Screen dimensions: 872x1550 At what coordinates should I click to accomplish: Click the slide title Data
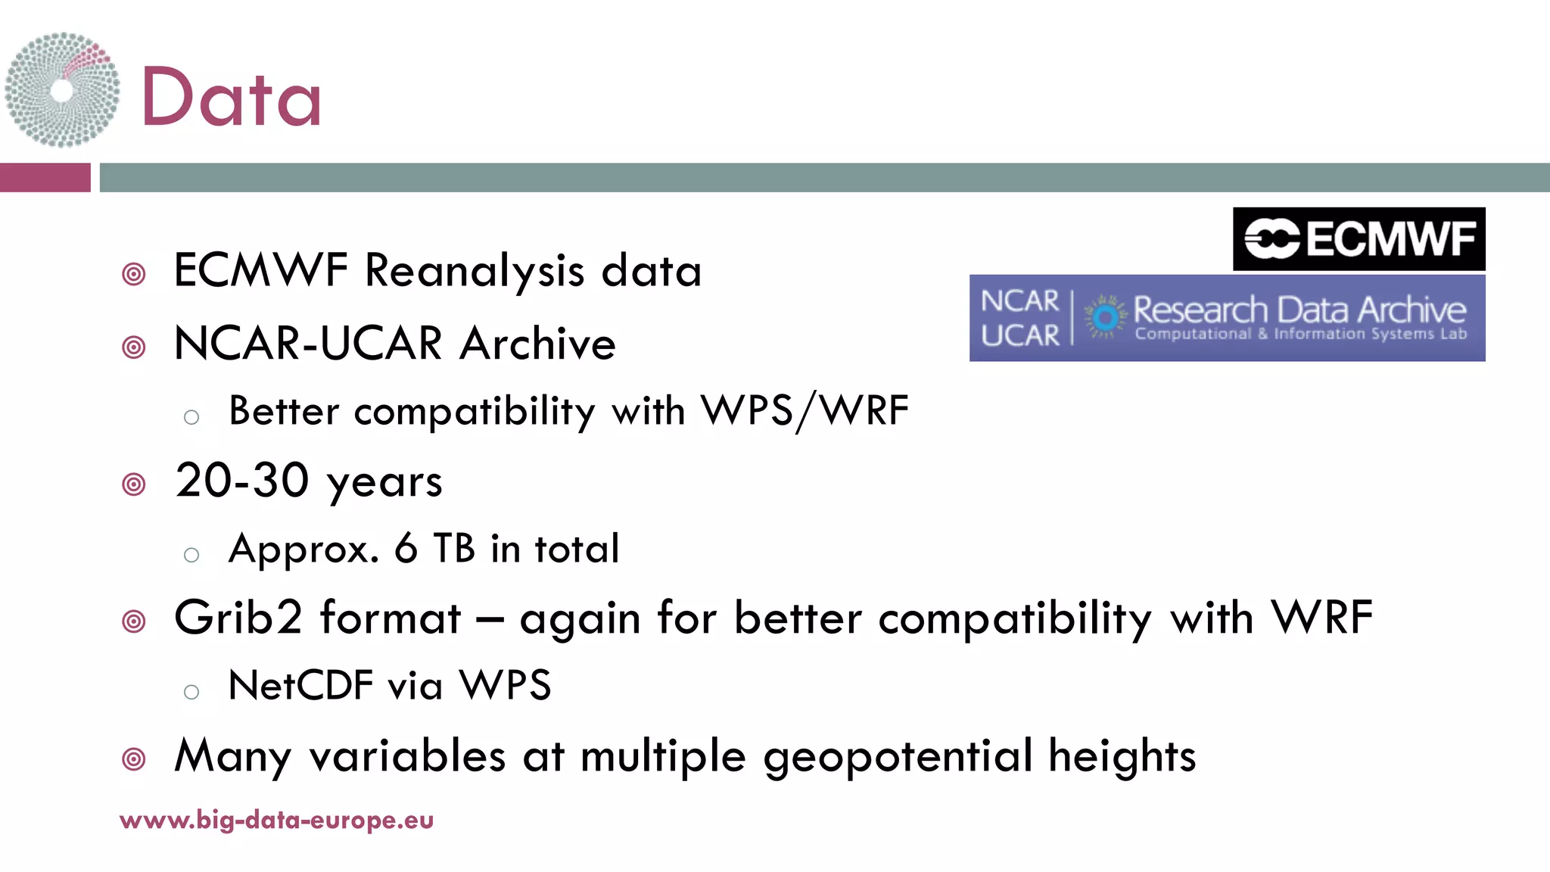coord(231,97)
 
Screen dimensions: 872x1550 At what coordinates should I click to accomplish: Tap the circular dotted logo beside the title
coord(62,90)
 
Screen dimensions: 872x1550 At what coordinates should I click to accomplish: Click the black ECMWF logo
coord(1359,239)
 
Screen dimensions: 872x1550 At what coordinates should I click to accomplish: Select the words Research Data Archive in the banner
coord(1299,309)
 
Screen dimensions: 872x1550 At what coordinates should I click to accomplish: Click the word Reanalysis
coord(475,270)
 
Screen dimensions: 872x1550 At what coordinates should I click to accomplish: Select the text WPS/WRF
coord(805,411)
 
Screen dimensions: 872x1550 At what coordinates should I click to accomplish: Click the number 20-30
coord(242,481)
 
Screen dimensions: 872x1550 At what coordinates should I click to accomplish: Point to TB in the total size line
coord(454,548)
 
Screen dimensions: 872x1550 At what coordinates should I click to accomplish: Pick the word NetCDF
coord(300,686)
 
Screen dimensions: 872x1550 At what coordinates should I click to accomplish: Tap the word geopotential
coord(898,756)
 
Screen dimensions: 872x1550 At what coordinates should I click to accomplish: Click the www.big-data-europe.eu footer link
coord(276,820)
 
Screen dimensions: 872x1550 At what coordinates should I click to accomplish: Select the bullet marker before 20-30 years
coord(134,484)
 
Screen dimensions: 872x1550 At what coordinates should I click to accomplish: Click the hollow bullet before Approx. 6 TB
coord(191,555)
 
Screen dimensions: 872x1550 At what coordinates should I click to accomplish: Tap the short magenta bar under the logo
coord(45,178)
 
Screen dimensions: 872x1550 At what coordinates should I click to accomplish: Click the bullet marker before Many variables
coord(134,758)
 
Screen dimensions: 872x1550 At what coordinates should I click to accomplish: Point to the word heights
coord(1122,756)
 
